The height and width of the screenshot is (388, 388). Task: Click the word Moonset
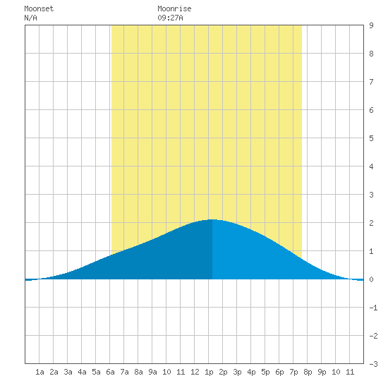click(x=39, y=8)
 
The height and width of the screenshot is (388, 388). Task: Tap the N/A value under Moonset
click(x=30, y=18)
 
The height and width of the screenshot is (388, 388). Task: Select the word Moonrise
click(x=174, y=8)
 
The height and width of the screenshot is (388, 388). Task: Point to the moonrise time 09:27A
click(x=170, y=18)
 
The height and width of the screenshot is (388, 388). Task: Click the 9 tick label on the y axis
click(x=371, y=25)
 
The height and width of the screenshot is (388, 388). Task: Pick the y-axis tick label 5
click(x=371, y=138)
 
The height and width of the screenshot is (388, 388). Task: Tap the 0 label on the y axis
click(x=371, y=279)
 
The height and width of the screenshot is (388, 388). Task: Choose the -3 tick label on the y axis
click(x=373, y=364)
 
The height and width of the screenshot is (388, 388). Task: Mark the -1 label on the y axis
click(x=373, y=308)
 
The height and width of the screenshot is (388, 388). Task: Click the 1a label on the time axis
click(x=40, y=372)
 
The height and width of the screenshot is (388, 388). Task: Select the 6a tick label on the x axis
click(x=110, y=372)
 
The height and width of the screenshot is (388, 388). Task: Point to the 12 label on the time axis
click(x=195, y=372)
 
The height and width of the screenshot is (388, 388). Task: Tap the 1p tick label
click(x=209, y=372)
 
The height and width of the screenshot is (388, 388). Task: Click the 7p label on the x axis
click(x=293, y=372)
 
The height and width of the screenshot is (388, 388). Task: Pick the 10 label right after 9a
click(x=166, y=372)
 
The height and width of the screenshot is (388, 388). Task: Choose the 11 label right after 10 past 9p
click(x=350, y=372)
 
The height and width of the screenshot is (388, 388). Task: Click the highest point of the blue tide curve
click(x=212, y=219)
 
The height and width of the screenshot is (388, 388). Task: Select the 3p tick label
click(x=237, y=372)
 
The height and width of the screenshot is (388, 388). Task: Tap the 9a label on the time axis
click(x=152, y=372)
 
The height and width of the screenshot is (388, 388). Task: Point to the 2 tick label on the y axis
click(x=371, y=223)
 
